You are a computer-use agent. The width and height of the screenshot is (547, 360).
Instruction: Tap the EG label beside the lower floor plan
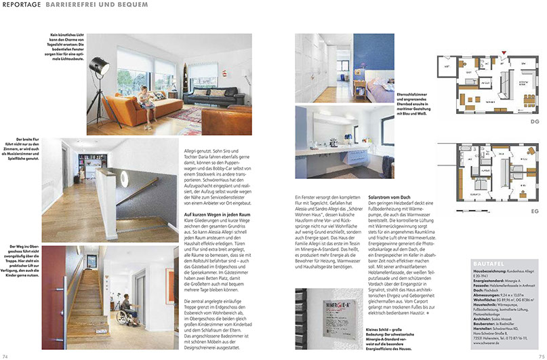click(533, 232)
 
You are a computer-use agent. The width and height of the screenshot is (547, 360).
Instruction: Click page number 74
click(5, 356)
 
